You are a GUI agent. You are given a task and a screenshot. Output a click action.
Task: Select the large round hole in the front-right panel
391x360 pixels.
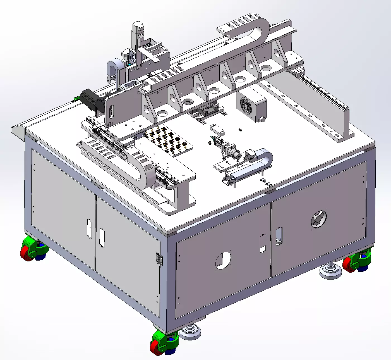(223, 261)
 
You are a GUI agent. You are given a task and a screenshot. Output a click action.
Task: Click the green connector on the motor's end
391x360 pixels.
(76, 99)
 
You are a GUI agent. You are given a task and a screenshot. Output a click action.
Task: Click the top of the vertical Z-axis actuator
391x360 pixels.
(138, 26)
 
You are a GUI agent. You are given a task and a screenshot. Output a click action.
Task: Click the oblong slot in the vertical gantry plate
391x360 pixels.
(111, 111)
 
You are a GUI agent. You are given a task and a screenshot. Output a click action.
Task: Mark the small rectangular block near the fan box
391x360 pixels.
(217, 129)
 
